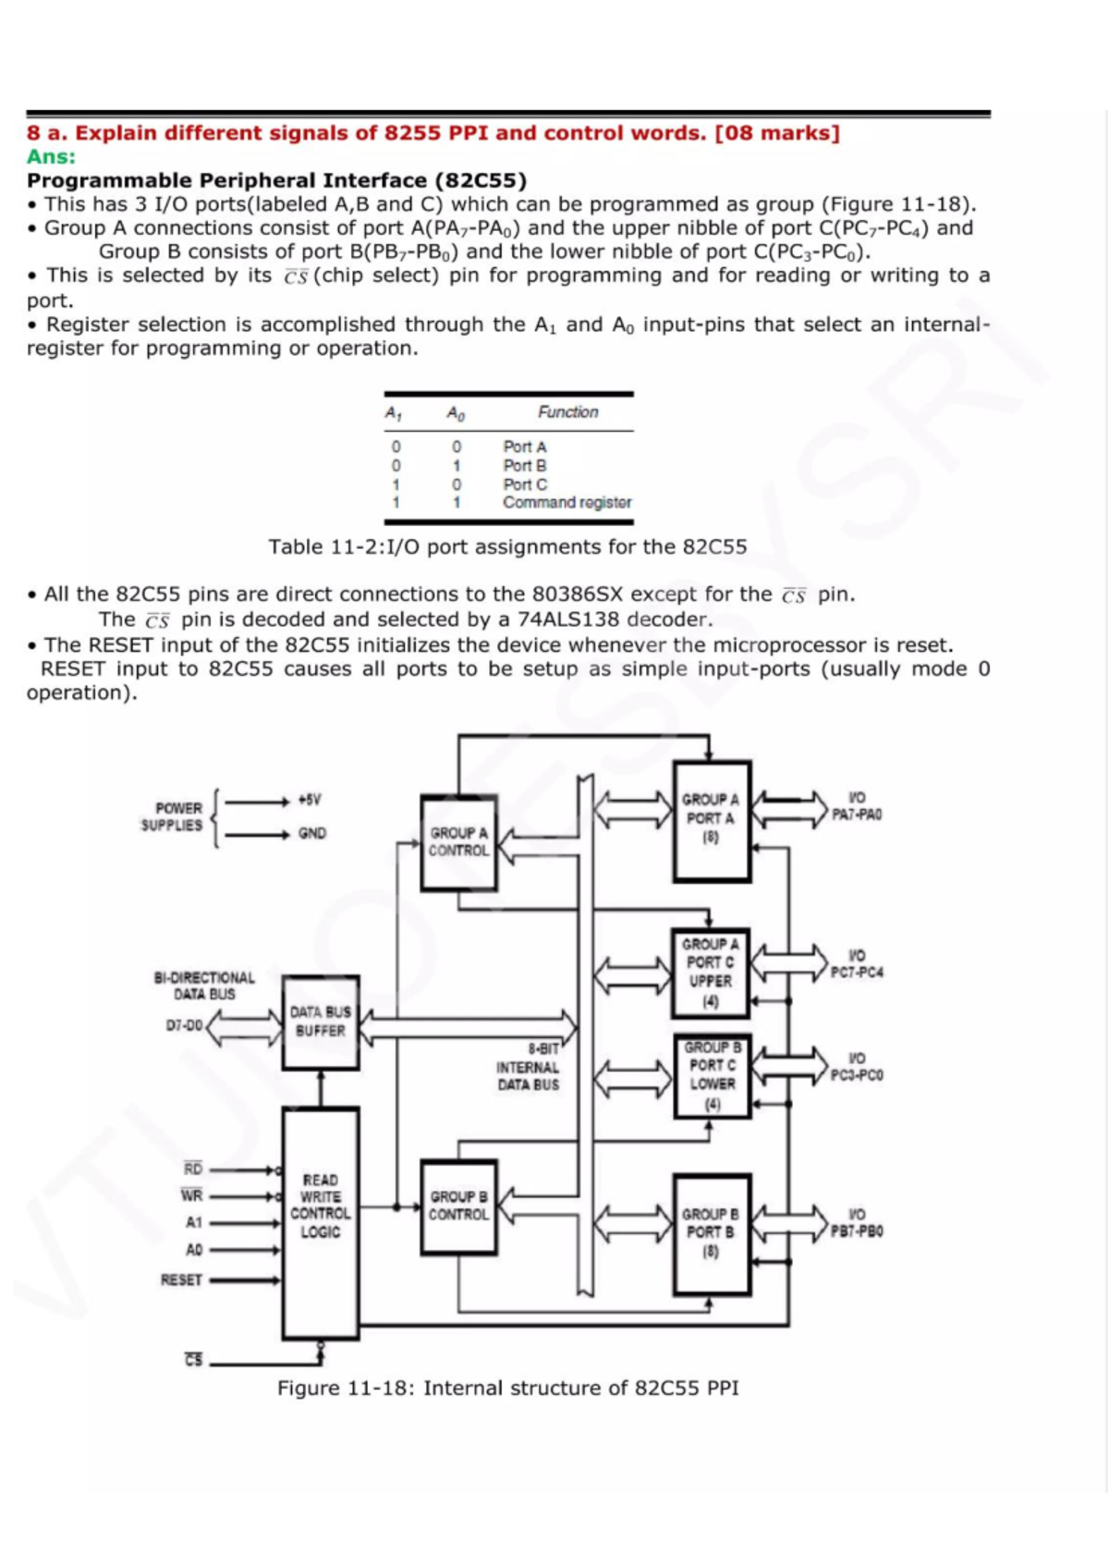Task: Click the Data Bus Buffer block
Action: pyautogui.click(x=320, y=1022)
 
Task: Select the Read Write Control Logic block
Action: pyautogui.click(x=320, y=1206)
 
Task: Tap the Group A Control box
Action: pyautogui.click(x=458, y=841)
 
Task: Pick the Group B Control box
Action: pyautogui.click(x=458, y=1206)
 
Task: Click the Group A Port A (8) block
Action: pyautogui.click(x=711, y=819)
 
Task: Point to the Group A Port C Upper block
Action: pyautogui.click(x=711, y=972)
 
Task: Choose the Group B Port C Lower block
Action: pyautogui.click(x=712, y=1074)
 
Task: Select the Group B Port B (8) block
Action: pyautogui.click(x=711, y=1232)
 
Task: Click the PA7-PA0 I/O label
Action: pyautogui.click(x=857, y=806)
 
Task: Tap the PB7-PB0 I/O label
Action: pyautogui.click(x=857, y=1222)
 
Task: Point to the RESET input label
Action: pyautogui.click(x=181, y=1280)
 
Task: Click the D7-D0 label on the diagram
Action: pyautogui.click(x=184, y=1025)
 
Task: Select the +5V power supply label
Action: pyautogui.click(x=310, y=800)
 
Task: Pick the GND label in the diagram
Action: pyautogui.click(x=312, y=833)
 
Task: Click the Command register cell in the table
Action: pyautogui.click(x=567, y=502)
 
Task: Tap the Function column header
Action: pyautogui.click(x=567, y=411)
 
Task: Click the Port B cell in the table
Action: pyautogui.click(x=524, y=465)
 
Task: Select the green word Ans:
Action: pyautogui.click(x=51, y=156)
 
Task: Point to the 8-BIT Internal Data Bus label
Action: pyautogui.click(x=529, y=1067)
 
